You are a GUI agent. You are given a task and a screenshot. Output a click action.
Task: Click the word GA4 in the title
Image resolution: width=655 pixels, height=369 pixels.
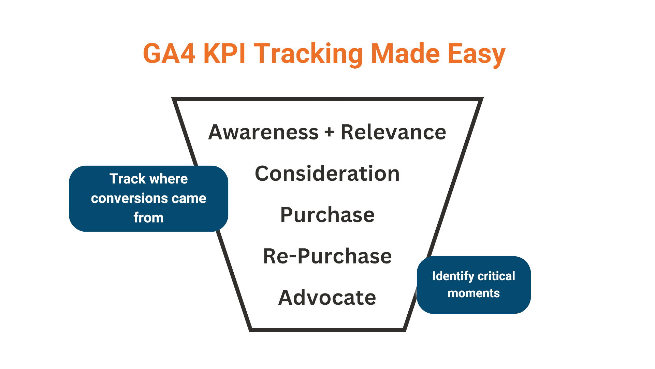click(x=169, y=54)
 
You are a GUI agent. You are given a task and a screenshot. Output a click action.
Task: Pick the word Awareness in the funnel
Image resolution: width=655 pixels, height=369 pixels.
click(x=263, y=132)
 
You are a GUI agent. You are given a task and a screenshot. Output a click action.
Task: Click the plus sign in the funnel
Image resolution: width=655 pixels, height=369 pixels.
click(x=329, y=133)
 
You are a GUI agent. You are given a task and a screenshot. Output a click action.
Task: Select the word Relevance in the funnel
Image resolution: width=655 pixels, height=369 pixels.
click(x=393, y=132)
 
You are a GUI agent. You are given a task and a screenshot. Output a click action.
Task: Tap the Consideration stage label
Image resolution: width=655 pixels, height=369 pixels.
click(x=327, y=174)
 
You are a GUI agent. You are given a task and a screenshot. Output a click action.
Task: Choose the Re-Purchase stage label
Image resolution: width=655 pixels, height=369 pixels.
click(x=327, y=256)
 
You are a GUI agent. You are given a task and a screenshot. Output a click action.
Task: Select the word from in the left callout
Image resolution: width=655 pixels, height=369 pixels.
click(x=149, y=218)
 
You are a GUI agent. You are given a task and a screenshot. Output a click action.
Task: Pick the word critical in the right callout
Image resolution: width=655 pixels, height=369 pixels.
click(x=496, y=276)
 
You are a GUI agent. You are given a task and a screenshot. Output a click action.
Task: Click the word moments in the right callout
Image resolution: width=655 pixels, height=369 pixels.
click(x=474, y=293)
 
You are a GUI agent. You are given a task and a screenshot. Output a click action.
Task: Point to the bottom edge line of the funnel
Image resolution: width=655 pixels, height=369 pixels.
click(x=327, y=330)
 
